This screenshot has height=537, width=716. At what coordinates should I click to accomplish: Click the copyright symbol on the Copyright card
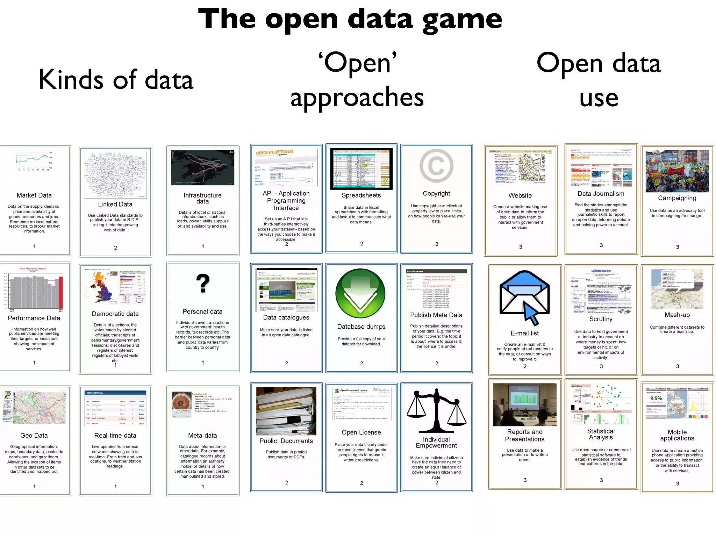tap(436, 166)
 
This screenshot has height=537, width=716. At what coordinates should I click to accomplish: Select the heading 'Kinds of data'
tap(116, 80)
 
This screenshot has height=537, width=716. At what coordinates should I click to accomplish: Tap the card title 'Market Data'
tap(34, 195)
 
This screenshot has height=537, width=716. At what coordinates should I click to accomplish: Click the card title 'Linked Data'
tap(115, 204)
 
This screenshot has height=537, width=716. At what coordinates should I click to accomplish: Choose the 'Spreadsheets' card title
tap(361, 195)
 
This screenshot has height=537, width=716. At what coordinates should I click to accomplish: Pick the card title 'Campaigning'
tap(677, 198)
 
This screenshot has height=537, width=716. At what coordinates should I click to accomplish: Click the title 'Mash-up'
tap(677, 315)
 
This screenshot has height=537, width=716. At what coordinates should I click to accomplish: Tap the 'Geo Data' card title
tap(34, 436)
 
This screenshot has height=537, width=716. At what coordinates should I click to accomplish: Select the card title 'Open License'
tap(361, 432)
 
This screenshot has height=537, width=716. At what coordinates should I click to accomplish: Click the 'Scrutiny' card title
tap(601, 319)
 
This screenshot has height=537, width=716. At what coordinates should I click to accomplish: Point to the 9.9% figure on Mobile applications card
tap(656, 398)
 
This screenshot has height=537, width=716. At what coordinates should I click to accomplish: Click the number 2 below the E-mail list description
tap(525, 366)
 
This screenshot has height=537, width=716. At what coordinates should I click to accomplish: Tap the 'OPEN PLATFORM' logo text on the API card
tap(274, 152)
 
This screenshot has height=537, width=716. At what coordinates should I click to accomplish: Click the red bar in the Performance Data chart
tap(61, 292)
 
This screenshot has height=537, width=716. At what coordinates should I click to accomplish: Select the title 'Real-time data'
tap(115, 436)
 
